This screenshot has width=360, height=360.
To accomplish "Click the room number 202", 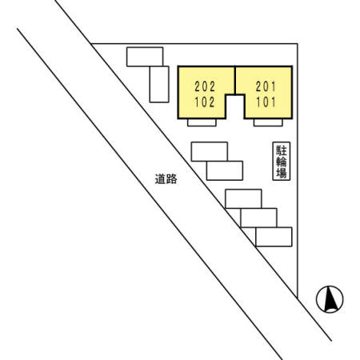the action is (205, 86).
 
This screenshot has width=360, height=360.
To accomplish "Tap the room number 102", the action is (205, 102).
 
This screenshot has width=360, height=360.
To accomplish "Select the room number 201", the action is (266, 86).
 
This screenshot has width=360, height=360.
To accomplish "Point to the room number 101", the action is (266, 102).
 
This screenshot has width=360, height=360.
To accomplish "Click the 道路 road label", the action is (166, 179).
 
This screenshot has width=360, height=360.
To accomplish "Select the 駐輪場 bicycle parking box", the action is (282, 161).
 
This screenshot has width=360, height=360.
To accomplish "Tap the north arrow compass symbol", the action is (330, 299).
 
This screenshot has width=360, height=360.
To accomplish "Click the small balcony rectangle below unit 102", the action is (202, 122).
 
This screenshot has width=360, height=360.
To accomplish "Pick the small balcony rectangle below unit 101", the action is (268, 122).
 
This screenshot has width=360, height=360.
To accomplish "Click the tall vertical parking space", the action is (159, 84).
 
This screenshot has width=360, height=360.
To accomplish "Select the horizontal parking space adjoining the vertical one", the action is (145, 57).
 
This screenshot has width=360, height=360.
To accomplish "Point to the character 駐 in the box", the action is (282, 150).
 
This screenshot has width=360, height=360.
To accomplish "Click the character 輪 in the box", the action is (282, 162).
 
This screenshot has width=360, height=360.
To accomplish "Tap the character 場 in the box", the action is (282, 173).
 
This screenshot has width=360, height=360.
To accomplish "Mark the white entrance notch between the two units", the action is (235, 106).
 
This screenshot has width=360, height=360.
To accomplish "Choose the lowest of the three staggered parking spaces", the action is (274, 237).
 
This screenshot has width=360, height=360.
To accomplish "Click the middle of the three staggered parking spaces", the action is (258, 218).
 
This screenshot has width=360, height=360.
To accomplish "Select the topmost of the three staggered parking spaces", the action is (243, 198).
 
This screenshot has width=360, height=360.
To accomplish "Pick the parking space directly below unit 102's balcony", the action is (210, 151).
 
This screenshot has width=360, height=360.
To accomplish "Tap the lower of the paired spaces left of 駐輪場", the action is (225, 170).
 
